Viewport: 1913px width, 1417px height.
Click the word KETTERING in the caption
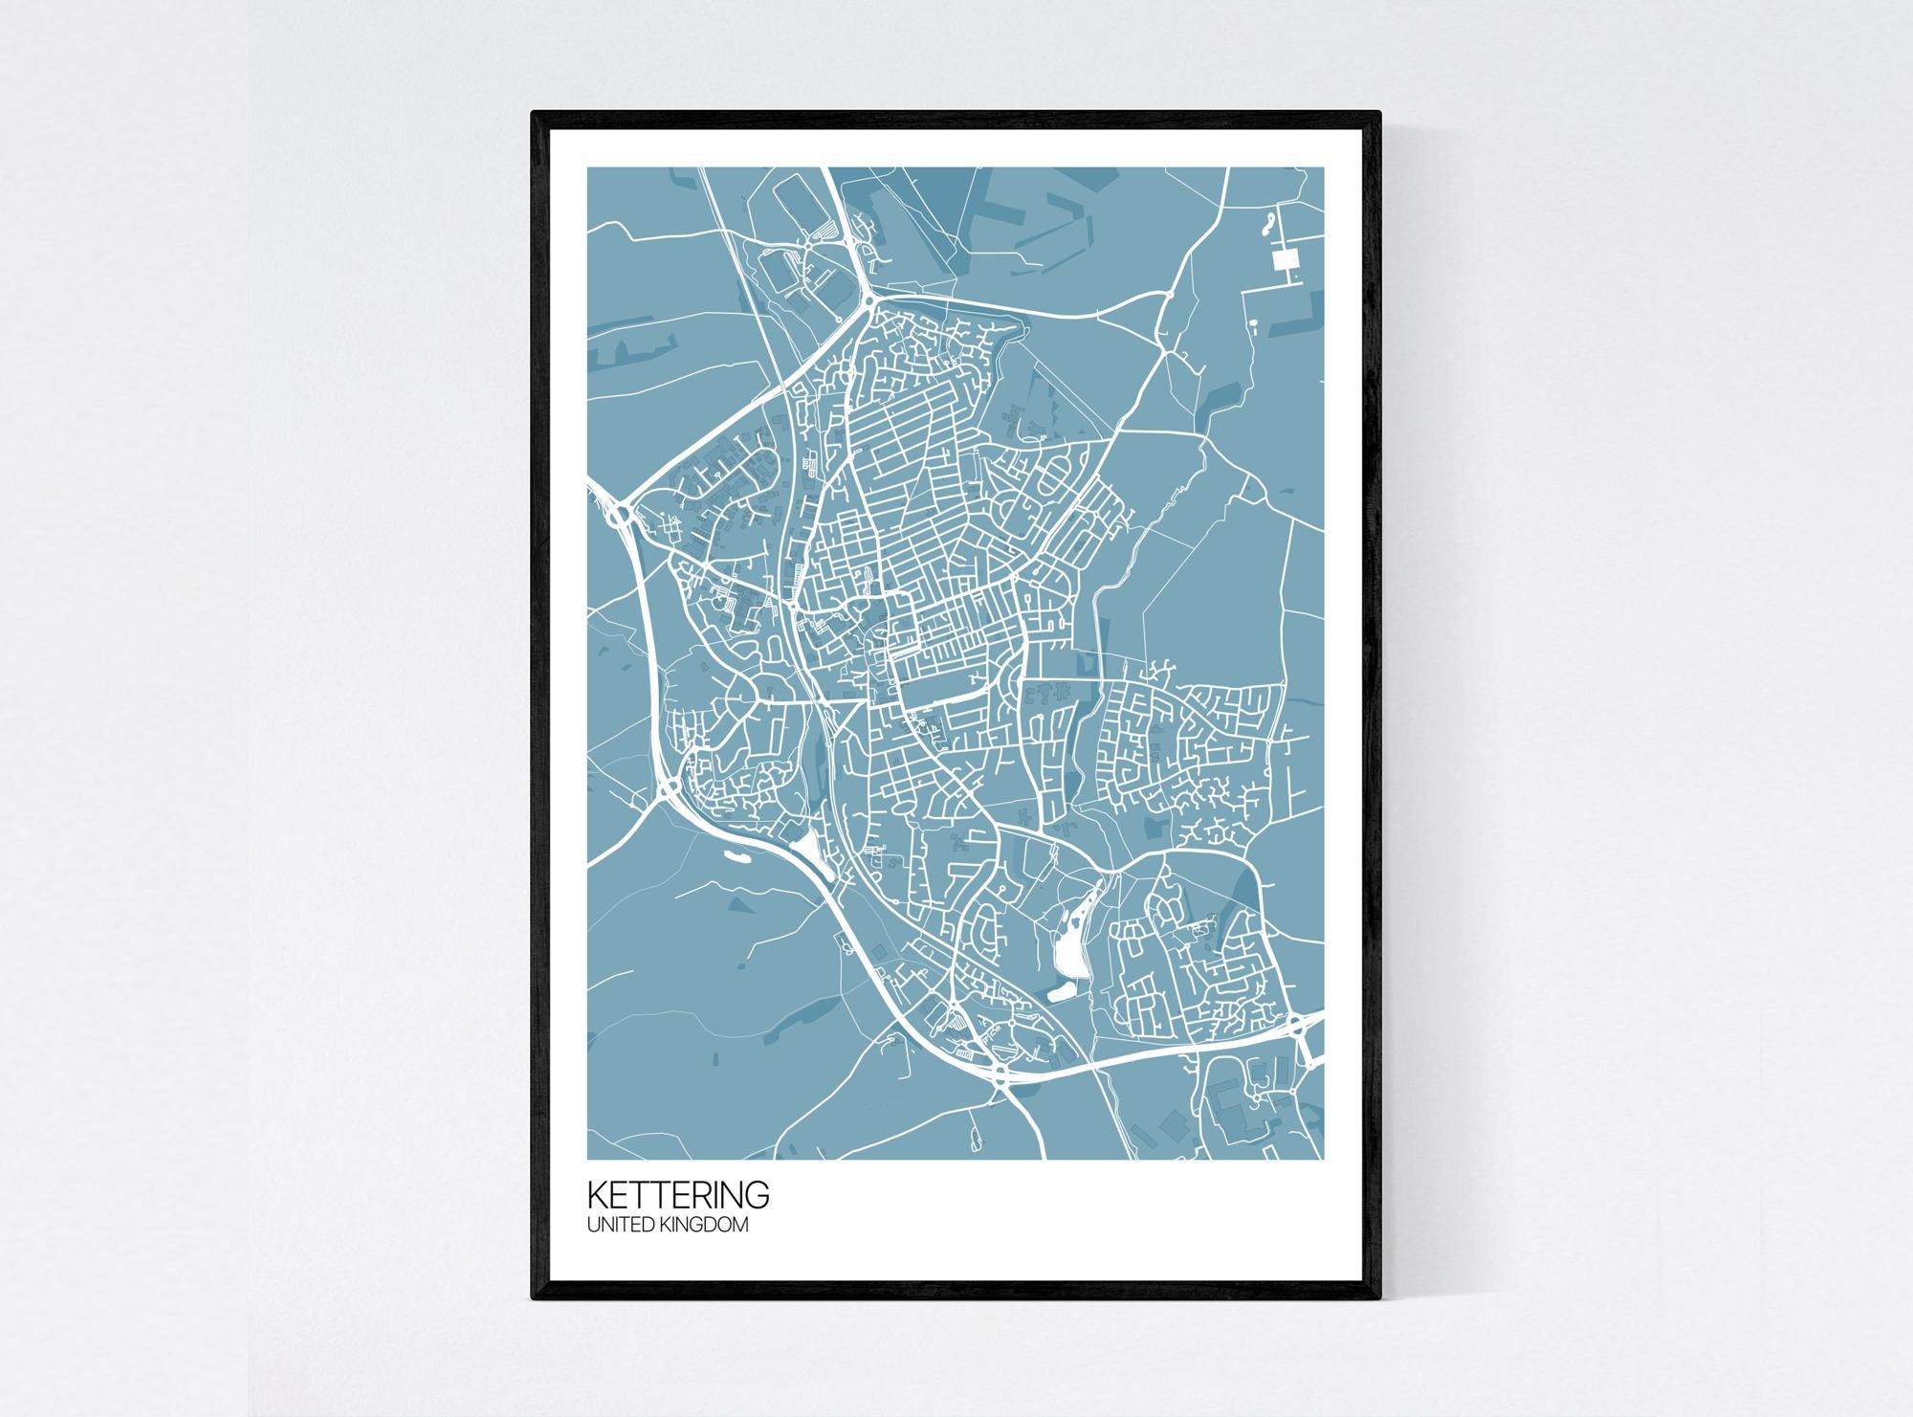coord(677,1196)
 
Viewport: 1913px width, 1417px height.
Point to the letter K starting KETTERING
coord(596,1196)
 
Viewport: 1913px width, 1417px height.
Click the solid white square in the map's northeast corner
coord(1286,258)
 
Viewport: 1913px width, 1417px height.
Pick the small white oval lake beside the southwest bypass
coord(735,855)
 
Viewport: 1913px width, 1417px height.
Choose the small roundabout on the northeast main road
coord(1165,298)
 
